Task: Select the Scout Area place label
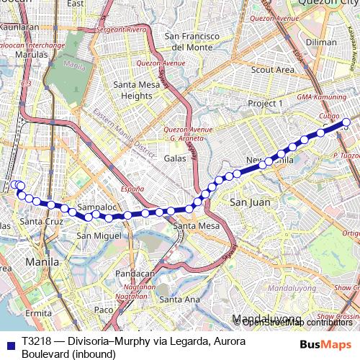tap(273, 70)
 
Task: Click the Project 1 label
tap(266, 104)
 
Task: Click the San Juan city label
tap(250, 202)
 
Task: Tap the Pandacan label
tap(135, 274)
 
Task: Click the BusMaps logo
tap(326, 343)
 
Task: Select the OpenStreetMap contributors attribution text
tap(297, 322)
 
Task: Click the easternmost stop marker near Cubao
tap(346, 122)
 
